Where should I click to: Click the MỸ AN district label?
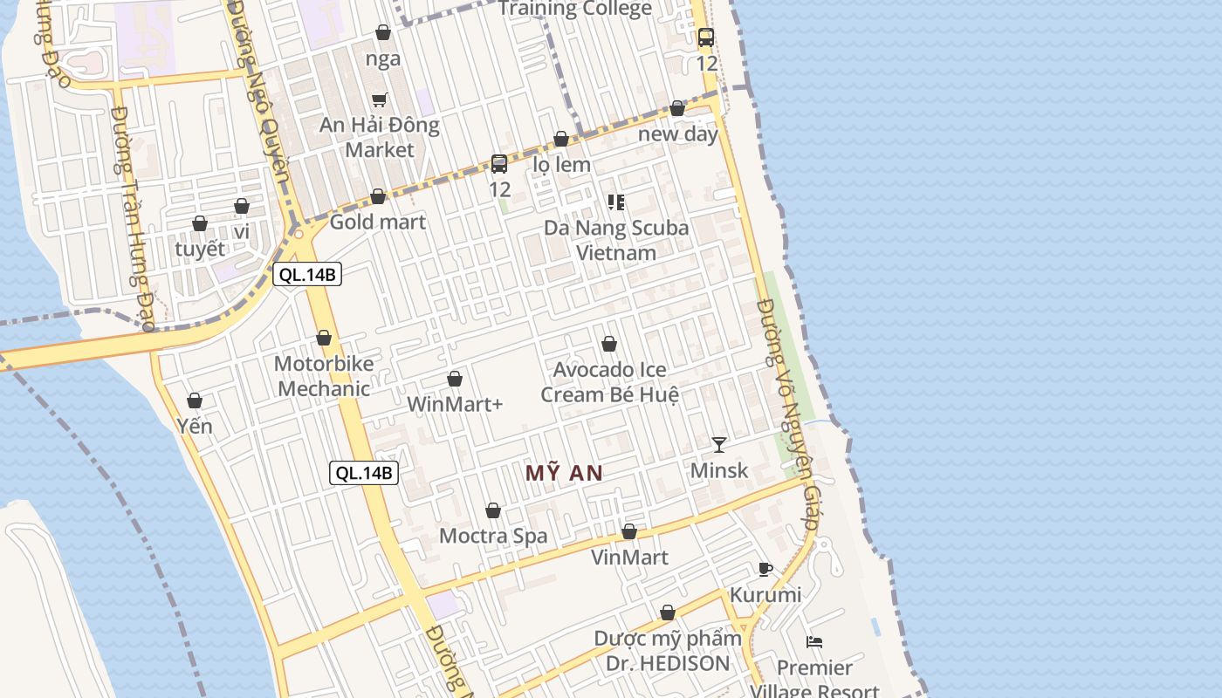click(564, 473)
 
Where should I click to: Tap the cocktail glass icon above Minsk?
click(718, 445)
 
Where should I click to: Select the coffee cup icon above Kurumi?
click(765, 570)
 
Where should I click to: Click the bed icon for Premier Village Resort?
click(814, 642)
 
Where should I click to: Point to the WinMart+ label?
click(455, 405)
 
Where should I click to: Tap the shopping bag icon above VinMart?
click(629, 531)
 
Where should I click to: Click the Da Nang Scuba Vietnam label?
click(616, 241)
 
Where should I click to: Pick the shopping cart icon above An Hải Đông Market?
click(379, 100)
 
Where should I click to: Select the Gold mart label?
click(378, 222)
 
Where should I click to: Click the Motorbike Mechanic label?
click(324, 376)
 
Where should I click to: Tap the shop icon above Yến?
click(195, 400)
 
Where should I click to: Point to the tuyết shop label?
click(200, 249)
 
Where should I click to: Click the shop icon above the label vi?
click(242, 206)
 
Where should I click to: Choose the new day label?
click(678, 134)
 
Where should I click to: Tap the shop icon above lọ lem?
click(561, 139)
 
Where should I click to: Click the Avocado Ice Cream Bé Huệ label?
click(609, 382)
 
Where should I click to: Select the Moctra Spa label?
click(493, 536)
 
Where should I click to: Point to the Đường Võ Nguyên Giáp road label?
click(789, 414)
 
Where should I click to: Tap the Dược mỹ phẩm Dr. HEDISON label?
click(668, 651)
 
